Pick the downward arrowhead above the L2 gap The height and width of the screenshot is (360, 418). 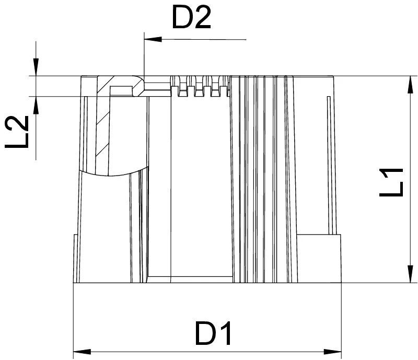click(x=35, y=68)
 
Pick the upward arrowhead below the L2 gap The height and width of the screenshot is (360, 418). click(x=35, y=103)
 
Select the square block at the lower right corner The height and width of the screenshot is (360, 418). click(x=319, y=259)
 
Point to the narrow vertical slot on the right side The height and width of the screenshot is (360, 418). click(x=329, y=162)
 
